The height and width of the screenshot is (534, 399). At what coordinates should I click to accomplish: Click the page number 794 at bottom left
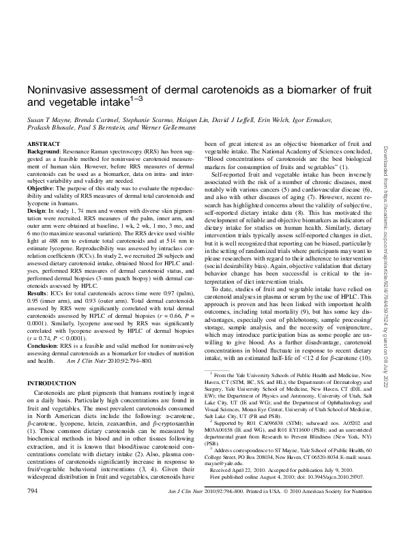click(31, 509)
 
